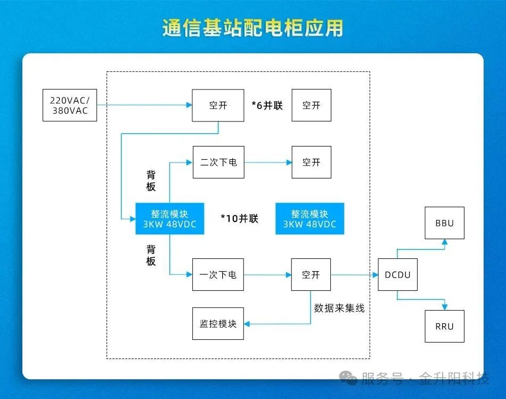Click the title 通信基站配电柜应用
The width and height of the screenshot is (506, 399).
coord(253,28)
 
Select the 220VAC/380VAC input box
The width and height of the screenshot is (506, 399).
coord(70,105)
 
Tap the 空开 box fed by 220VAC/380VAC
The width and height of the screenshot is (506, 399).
coord(218,105)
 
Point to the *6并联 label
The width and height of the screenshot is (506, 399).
coord(267,105)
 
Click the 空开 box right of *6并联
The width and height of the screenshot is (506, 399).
coord(311,105)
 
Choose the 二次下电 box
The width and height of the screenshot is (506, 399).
coord(218,162)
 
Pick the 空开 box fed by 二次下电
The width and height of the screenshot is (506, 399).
coord(311,162)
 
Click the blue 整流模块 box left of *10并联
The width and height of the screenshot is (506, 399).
coord(169,218)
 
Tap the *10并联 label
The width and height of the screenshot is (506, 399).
coord(240,218)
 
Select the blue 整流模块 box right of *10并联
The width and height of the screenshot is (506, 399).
coord(310,218)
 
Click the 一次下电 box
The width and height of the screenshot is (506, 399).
coord(218,275)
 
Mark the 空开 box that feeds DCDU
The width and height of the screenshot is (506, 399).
coord(311,275)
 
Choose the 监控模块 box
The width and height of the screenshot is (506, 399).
coord(218,323)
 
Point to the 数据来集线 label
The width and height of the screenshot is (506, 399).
coord(339,308)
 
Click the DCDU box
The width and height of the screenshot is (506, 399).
coord(397,275)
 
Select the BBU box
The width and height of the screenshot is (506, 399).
coord(444,223)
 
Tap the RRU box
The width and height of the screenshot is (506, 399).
coord(444,325)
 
